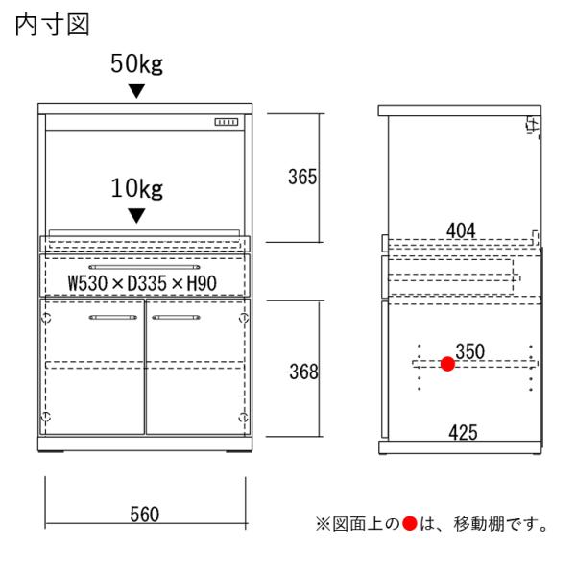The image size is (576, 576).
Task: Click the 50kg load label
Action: [136, 65]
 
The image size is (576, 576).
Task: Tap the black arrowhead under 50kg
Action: [137, 91]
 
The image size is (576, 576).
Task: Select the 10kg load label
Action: [137, 188]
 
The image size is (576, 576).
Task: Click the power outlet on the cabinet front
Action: [226, 122]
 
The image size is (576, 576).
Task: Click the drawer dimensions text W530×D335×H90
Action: [145, 283]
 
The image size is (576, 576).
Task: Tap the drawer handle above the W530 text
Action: [144, 263]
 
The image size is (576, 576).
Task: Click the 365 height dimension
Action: [302, 178]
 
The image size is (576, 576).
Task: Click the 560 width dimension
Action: [145, 516]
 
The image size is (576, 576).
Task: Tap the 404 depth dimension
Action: [462, 229]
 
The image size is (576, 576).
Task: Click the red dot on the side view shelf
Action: [447, 364]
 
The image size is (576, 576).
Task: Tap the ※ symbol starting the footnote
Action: [322, 525]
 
